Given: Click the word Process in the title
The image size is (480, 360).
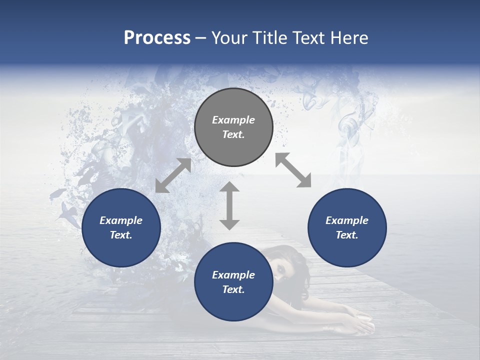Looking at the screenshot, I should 157,38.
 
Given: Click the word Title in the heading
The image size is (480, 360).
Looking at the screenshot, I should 271,38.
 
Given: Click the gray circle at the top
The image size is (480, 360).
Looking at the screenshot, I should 233,127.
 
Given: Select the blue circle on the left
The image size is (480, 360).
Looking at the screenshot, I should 121,227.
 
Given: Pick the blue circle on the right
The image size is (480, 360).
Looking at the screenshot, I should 347,227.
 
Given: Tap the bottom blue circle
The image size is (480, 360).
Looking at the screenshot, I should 233,282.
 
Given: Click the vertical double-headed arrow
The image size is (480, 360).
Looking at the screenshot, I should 229,205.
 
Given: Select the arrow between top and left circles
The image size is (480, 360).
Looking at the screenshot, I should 173,175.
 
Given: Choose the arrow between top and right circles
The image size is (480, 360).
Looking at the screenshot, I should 293,170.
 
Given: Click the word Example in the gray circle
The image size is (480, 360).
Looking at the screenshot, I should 233,120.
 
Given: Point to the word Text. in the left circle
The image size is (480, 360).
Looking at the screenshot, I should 121,235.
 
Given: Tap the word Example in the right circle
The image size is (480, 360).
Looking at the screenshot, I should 347,220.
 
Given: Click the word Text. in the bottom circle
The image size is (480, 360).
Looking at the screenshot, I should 233,289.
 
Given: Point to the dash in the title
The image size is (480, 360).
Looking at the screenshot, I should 200,38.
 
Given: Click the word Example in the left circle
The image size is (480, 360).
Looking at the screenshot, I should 121,220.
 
